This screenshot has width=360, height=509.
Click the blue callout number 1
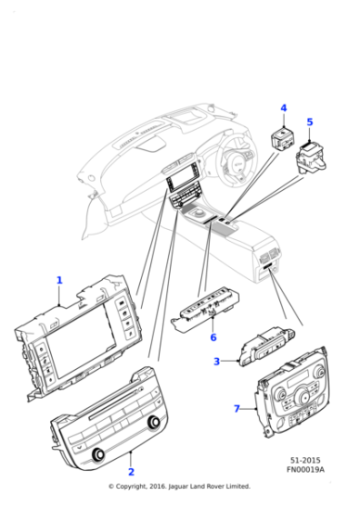pyautogui.click(x=59, y=280)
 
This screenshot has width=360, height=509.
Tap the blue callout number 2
pyautogui.click(x=131, y=472)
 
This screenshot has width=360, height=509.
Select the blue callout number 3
pyautogui.click(x=216, y=361)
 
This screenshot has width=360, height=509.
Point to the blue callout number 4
pyautogui.click(x=284, y=108)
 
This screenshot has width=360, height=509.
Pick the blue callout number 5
pyautogui.click(x=310, y=122)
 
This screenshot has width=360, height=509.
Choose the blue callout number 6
pyautogui.click(x=213, y=337)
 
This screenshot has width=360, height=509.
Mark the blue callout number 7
pyautogui.click(x=237, y=408)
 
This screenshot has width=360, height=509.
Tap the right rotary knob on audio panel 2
pyautogui.click(x=154, y=422)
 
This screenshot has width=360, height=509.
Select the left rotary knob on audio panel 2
pyautogui.click(x=97, y=454)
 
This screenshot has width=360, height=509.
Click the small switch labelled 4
pyautogui.click(x=282, y=140)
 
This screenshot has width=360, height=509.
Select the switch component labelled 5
pyautogui.click(x=311, y=156)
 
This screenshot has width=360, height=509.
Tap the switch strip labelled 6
pyautogui.click(x=205, y=309)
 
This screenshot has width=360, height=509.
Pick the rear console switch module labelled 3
pyautogui.click(x=267, y=346)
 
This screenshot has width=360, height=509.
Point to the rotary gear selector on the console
pyautogui.click(x=198, y=214)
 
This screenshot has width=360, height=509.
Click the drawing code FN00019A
pyautogui.click(x=305, y=469)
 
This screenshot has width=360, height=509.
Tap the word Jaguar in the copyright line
pyautogui.click(x=178, y=486)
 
